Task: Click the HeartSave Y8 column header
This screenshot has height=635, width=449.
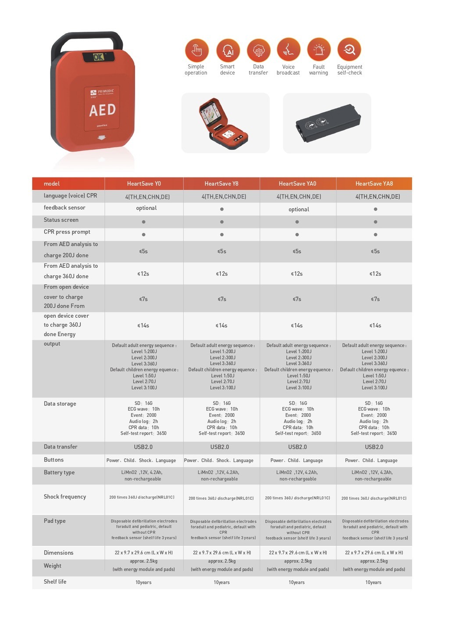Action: coord(221,184)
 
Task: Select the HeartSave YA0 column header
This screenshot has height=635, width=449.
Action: coord(297,184)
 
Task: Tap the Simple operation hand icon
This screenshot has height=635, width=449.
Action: coord(196,50)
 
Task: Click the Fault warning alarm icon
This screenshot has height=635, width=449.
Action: coord(319,50)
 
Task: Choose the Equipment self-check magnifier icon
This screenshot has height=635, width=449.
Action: coord(349,50)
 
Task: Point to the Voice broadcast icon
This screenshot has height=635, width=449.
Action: coord(288,50)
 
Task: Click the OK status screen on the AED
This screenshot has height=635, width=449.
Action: coord(98,57)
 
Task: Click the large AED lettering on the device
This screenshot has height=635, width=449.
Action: coord(102,110)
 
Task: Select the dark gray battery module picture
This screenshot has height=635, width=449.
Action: coord(328,123)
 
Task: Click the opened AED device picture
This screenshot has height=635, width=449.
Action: coord(223,124)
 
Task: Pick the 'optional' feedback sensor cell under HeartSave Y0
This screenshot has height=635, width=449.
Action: coord(146,208)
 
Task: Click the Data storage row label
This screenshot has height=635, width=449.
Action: coord(60,404)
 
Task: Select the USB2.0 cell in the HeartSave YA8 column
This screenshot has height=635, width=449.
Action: coord(374,447)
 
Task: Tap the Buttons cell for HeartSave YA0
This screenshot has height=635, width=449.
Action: coord(297,461)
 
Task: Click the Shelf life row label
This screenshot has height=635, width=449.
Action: coord(55,582)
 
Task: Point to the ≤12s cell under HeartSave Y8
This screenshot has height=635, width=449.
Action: coord(222,273)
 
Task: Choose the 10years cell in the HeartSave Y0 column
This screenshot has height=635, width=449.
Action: coord(143,582)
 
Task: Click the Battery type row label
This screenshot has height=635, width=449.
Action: coord(59,472)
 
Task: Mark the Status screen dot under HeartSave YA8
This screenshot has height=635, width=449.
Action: coord(375,222)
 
